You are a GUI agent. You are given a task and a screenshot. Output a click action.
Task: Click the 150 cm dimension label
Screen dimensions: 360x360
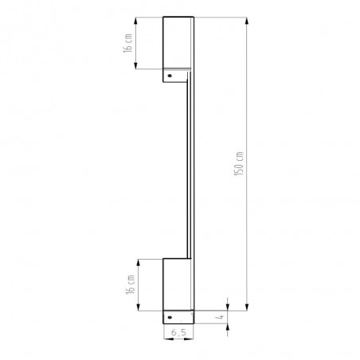pyautogui.click(x=239, y=163)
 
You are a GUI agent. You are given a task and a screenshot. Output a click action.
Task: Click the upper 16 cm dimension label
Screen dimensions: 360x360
pyautogui.click(x=127, y=43)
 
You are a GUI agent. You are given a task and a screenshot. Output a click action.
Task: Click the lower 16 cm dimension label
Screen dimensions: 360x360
pyautogui.click(x=131, y=284)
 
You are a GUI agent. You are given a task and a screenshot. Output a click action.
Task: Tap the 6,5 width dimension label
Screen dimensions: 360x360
pyautogui.click(x=178, y=332)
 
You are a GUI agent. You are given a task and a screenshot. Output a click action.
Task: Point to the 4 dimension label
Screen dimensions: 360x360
pyautogui.click(x=221, y=317)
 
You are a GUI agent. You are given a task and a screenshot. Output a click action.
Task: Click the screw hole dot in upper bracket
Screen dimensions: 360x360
pyautogui.click(x=170, y=76)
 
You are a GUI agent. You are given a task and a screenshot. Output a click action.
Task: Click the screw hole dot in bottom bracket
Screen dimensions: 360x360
pyautogui.click(x=170, y=317)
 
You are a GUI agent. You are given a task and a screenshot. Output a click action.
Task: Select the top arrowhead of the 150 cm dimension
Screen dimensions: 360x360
pyautogui.click(x=247, y=21)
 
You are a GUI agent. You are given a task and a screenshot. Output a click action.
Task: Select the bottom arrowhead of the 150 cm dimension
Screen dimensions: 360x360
pyautogui.click(x=247, y=307)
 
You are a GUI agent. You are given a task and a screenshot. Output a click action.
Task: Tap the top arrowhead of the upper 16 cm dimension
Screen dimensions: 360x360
pyautogui.click(x=136, y=22)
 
